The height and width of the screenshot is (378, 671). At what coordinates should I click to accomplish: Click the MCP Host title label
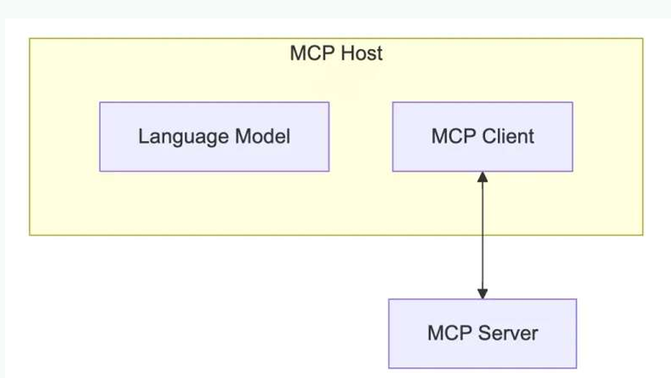pos(336,53)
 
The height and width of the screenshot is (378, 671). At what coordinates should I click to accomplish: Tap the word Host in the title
pos(361,53)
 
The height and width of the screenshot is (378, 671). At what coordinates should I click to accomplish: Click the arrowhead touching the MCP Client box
pos(482,178)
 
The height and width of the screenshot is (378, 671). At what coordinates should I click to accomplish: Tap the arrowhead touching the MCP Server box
pos(482,293)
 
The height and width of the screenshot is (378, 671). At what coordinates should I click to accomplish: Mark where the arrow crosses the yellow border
pos(482,235)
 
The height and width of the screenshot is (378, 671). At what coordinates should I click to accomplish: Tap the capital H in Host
pos(345,53)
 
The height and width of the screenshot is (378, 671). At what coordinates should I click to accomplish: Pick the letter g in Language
pos(177,138)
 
